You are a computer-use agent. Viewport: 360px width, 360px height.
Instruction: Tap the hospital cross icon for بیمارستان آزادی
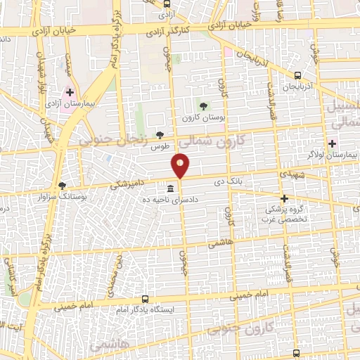pyautogui.click(x=69, y=92)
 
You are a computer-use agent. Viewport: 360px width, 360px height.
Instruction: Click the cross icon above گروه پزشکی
pyautogui.click(x=284, y=199)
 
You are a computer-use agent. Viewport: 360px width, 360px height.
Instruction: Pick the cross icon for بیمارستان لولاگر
pyautogui.click(x=332, y=143)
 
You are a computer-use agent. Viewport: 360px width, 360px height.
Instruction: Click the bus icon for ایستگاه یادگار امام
pyautogui.click(x=145, y=299)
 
